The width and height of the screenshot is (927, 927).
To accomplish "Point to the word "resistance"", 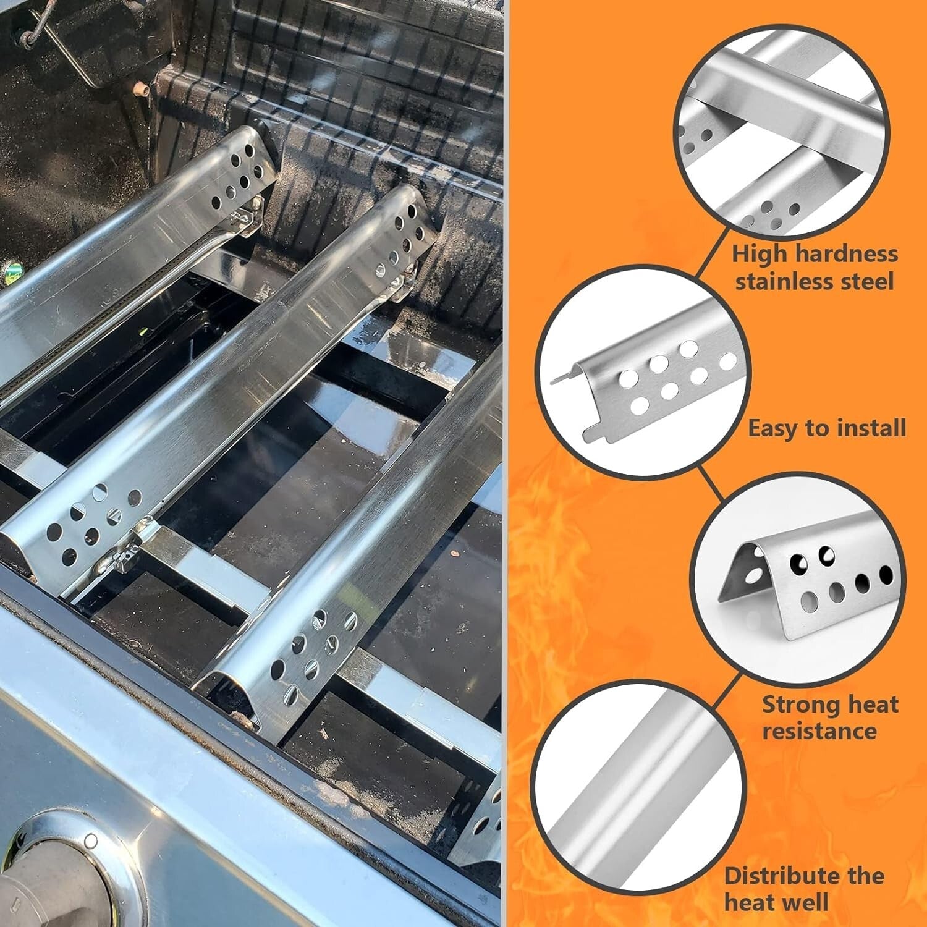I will pos(819,731).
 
